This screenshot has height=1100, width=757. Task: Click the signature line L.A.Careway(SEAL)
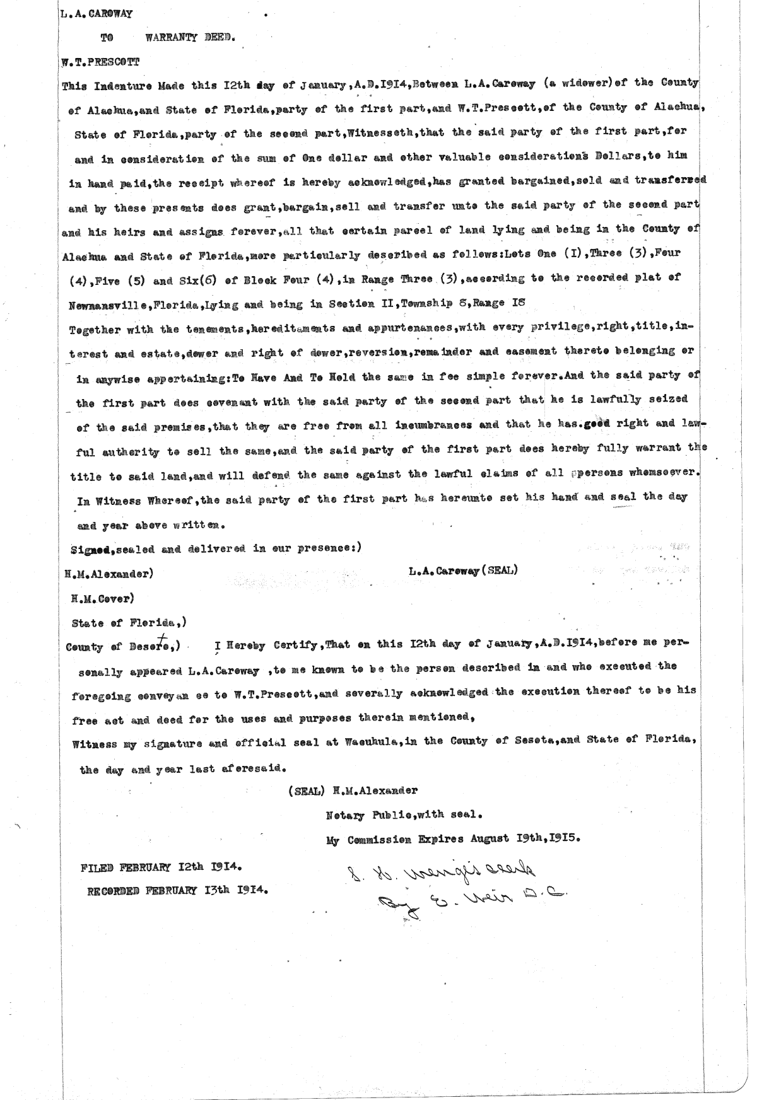point(463,572)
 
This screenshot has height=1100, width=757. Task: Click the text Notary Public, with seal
point(404,814)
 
